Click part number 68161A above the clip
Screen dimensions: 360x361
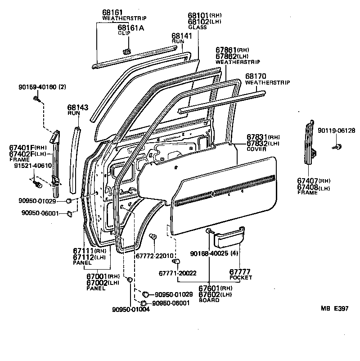(x=131, y=28)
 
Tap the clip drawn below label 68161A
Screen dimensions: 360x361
(x=126, y=51)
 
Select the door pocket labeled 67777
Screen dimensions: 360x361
(x=229, y=238)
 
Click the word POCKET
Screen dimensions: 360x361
(x=241, y=278)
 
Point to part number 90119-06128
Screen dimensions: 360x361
(x=336, y=131)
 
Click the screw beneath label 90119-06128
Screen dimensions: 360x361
(x=337, y=147)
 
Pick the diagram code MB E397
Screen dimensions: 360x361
(x=335, y=308)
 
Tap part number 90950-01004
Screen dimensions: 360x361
(x=131, y=309)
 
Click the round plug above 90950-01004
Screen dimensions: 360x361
(x=130, y=280)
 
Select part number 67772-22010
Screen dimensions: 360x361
(x=154, y=256)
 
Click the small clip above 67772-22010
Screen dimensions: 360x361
(x=153, y=236)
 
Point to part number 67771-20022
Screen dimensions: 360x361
(x=177, y=273)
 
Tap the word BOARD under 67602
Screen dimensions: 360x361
(x=209, y=300)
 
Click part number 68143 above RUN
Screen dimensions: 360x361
(x=77, y=108)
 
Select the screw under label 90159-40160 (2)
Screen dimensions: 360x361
(x=37, y=99)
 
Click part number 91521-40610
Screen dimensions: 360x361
(x=33, y=166)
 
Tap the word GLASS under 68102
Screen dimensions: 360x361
(x=198, y=27)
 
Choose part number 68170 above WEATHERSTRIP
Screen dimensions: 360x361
(x=256, y=76)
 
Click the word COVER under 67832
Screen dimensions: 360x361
(x=256, y=149)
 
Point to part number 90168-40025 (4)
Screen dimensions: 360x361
(x=214, y=253)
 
